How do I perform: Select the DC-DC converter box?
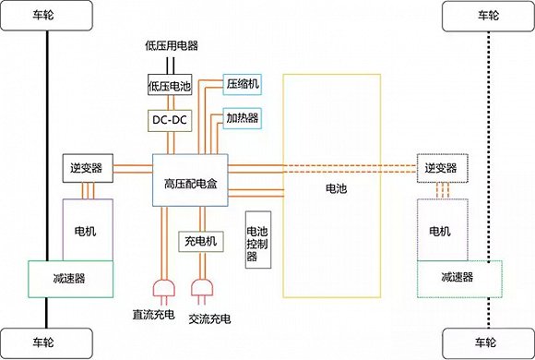tap(170, 119)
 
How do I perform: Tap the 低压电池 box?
tap(170, 86)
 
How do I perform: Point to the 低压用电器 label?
tap(172, 44)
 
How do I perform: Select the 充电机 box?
tap(198, 242)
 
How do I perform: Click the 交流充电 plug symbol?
tap(202, 289)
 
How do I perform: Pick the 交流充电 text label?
tap(208, 318)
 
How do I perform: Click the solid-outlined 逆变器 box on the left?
tap(86, 167)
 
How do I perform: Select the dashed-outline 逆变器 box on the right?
tap(442, 167)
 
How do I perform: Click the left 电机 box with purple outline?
tap(88, 228)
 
